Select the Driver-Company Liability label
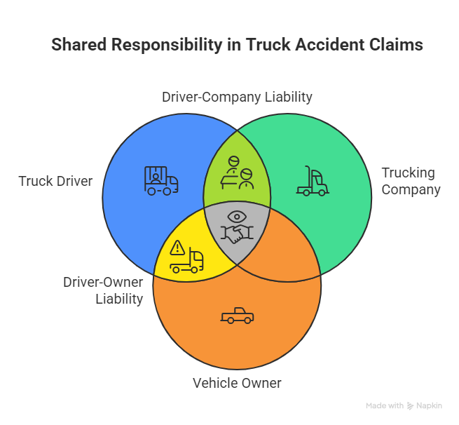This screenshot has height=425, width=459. [x=237, y=97]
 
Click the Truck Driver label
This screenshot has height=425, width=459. [x=55, y=181]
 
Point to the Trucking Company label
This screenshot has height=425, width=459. [x=410, y=181]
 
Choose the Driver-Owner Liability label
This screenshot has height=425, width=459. [x=103, y=290]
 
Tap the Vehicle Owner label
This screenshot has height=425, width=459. [x=237, y=383]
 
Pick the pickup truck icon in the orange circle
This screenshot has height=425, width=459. [x=237, y=316]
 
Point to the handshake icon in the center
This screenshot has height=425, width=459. [x=237, y=235]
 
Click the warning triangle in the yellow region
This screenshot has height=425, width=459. [x=177, y=247]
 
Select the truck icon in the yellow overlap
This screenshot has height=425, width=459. [x=188, y=261]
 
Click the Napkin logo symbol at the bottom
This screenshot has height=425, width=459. [x=410, y=406]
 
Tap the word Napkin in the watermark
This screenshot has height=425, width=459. [x=429, y=406]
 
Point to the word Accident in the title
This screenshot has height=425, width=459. [x=327, y=46]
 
